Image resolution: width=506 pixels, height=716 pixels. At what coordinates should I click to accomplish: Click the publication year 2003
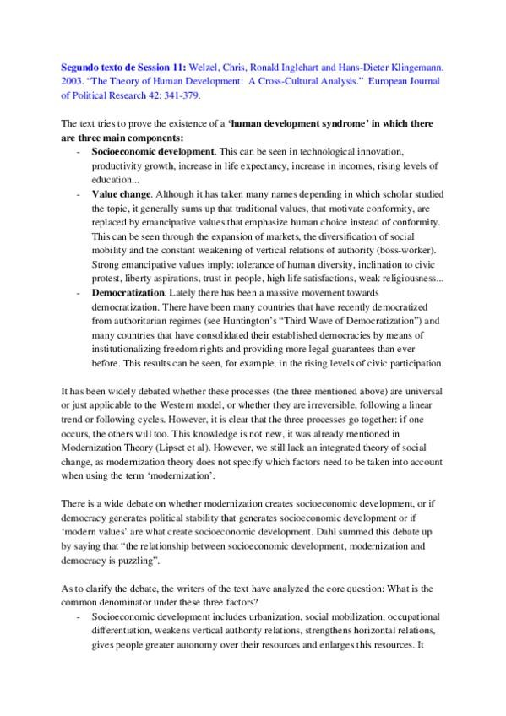coord(74,74)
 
